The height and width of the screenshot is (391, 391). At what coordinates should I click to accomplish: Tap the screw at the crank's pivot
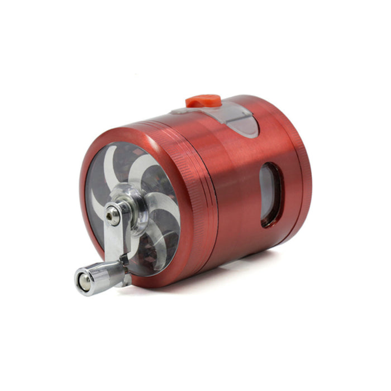pyautogui.click(x=113, y=214)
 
